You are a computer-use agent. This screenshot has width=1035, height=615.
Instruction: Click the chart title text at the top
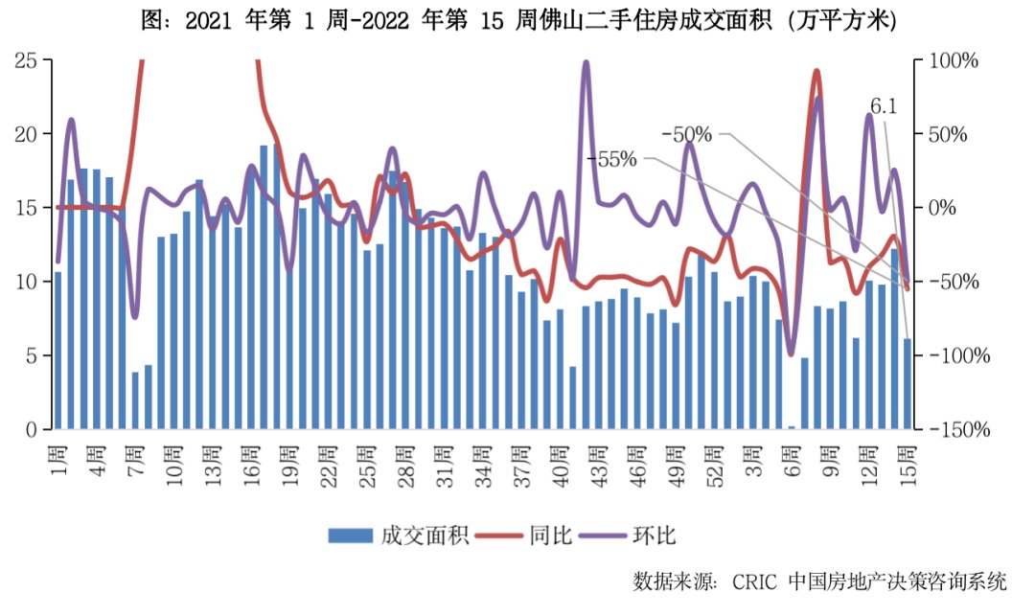click(x=518, y=21)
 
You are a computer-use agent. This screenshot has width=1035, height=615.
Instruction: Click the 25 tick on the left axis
click(x=28, y=60)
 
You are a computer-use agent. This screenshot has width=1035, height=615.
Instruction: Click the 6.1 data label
click(x=883, y=106)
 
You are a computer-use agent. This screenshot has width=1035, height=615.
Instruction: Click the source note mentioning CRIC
click(x=820, y=581)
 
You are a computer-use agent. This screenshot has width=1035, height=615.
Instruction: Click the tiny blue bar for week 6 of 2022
click(x=792, y=427)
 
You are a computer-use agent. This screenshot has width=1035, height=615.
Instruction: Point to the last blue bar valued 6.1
click(x=908, y=384)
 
